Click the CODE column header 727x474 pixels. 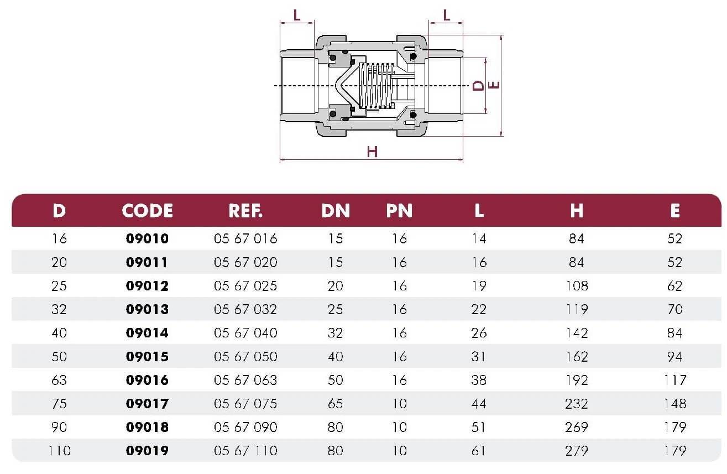148,211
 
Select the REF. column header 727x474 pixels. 245,211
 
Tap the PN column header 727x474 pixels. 399,211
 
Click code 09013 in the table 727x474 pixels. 148,309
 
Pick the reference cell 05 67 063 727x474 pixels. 245,380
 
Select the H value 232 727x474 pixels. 577,404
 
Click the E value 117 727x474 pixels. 675,380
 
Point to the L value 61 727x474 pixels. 479,451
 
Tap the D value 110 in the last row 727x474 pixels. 59,451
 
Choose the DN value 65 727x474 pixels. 335,404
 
